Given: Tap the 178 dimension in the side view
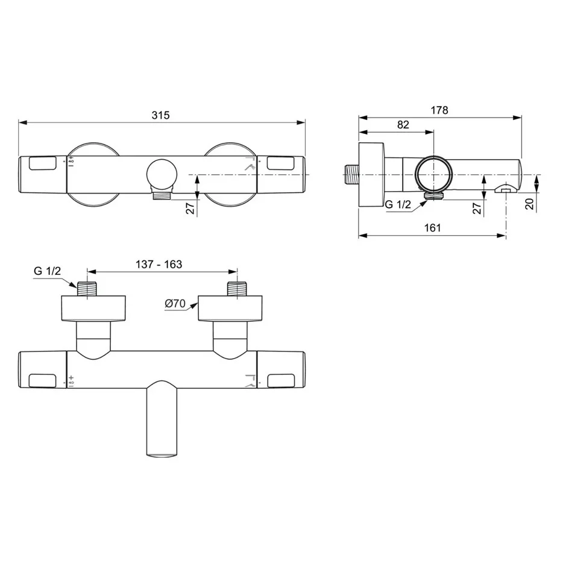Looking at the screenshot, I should [439, 110].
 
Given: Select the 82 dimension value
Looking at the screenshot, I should [403, 125].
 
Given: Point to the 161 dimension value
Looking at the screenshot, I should [432, 227].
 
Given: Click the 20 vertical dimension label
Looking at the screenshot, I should [529, 204].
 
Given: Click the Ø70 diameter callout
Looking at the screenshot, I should [175, 304].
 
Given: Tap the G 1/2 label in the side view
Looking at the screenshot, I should [398, 205].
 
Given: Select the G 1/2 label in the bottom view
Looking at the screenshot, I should [47, 271].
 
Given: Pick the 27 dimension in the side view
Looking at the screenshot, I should [476, 209].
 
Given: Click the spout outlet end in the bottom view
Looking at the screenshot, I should [162, 453].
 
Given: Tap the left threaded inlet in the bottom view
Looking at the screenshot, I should [88, 288].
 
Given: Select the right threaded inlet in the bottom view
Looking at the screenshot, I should [236, 288].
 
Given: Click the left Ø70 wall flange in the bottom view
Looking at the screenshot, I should [93, 308].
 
